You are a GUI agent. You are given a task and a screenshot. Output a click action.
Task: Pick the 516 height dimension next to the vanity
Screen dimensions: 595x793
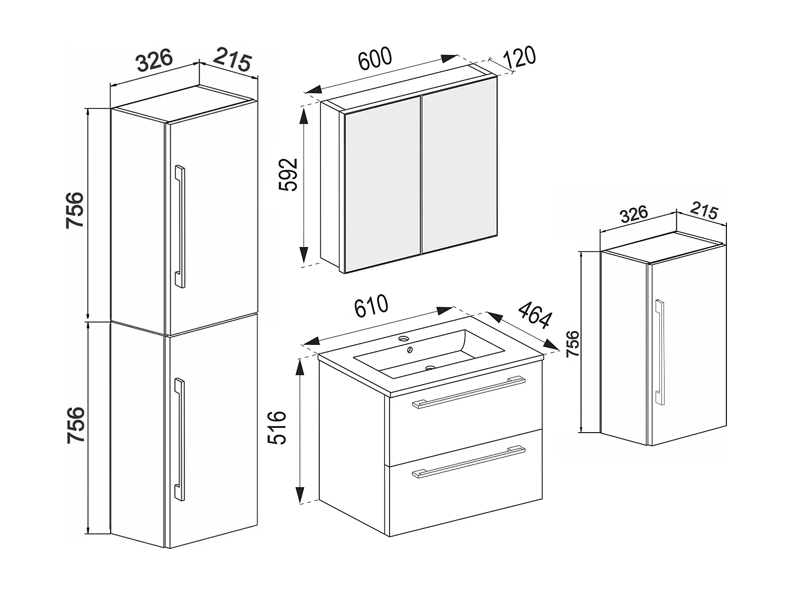point(276,427)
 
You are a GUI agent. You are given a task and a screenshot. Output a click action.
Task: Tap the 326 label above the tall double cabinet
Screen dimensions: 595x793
point(154,60)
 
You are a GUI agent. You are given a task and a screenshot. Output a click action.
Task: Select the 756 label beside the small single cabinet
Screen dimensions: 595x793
point(573,343)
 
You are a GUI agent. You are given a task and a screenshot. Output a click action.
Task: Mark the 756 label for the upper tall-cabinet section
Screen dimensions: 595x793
point(75,210)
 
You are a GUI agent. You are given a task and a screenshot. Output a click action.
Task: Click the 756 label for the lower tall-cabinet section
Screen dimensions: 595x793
point(75,425)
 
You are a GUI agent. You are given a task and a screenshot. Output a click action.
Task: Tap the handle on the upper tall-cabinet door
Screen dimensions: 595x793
point(180,227)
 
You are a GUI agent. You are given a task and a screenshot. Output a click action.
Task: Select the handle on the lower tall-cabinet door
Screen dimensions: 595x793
point(180,439)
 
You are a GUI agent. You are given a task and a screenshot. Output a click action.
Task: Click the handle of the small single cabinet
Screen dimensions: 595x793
point(659,353)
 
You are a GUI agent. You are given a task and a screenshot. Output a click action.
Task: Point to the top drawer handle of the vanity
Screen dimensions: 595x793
point(468,392)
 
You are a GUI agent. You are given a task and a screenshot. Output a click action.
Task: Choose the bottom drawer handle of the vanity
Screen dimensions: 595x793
point(468,462)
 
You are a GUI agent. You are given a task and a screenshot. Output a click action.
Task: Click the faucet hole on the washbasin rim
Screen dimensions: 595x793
point(404,338)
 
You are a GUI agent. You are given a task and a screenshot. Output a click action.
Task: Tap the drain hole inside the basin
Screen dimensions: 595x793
point(430,367)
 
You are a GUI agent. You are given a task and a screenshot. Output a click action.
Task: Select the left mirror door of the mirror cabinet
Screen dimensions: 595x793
point(382,183)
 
